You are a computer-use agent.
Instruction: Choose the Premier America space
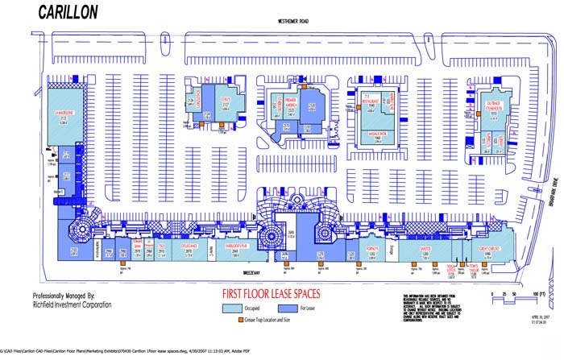click(x=292, y=106)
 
